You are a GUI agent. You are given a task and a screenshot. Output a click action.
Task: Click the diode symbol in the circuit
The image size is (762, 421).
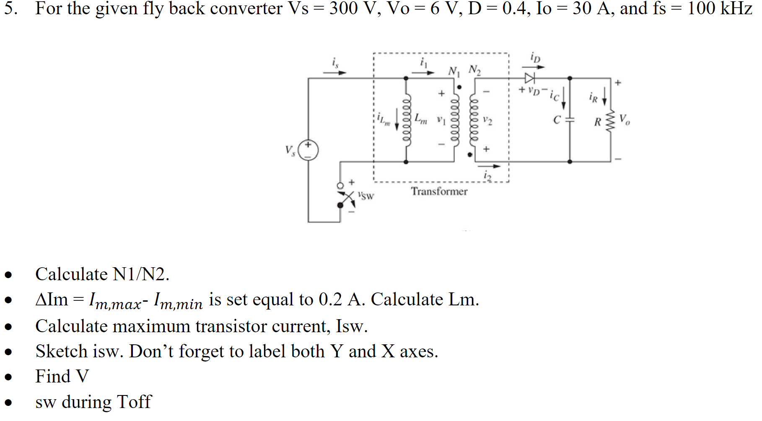click(x=529, y=78)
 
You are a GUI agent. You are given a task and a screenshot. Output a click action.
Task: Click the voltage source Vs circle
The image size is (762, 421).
click(x=308, y=150)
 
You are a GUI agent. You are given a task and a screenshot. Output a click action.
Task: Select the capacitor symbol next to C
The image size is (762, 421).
click(x=569, y=119)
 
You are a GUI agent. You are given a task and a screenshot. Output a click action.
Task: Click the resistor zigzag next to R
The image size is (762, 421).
click(x=610, y=121)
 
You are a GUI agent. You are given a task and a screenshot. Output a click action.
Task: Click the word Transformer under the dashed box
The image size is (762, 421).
click(x=439, y=191)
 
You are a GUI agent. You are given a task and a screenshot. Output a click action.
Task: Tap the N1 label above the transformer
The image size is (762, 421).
click(x=454, y=71)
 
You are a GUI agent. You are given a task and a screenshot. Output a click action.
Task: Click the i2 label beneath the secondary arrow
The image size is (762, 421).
click(x=487, y=176)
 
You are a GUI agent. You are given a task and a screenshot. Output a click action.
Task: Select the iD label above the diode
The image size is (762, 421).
click(x=535, y=57)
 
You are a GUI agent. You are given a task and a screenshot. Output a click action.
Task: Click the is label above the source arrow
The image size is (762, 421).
click(x=335, y=63)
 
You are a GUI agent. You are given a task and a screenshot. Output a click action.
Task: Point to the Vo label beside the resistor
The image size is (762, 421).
click(x=624, y=119)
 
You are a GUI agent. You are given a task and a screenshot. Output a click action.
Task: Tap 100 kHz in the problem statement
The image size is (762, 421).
click(x=719, y=8)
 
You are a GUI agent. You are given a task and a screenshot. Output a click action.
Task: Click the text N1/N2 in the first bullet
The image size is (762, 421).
click(x=140, y=274)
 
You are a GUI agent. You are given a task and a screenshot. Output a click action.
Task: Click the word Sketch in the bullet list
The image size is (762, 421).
click(x=61, y=351)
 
